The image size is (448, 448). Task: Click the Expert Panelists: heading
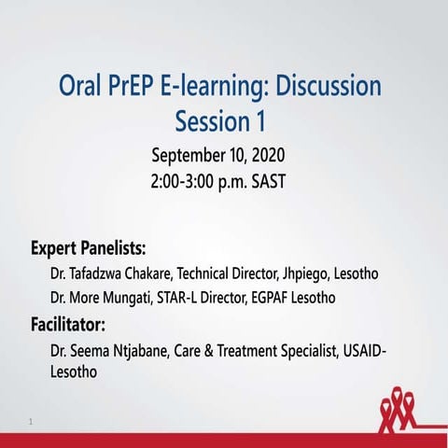click(x=89, y=249)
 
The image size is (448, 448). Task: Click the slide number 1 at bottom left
click(x=31, y=423)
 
